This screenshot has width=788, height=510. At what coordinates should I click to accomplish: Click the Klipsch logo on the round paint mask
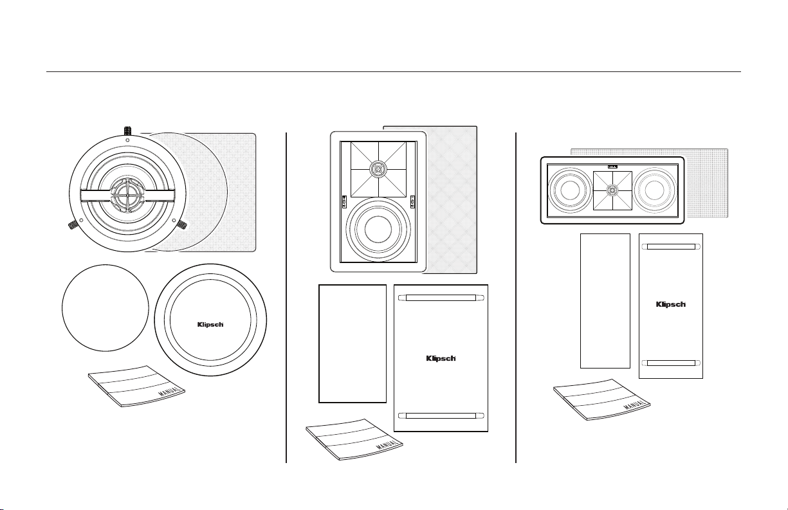click(210, 323)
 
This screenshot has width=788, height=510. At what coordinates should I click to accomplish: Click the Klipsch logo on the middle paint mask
click(441, 359)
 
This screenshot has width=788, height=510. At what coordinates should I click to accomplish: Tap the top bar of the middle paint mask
click(441, 298)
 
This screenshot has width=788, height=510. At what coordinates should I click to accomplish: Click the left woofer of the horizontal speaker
click(570, 190)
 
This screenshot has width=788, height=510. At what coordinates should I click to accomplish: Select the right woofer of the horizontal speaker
click(654, 190)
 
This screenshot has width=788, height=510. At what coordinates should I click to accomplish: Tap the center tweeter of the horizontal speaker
click(611, 190)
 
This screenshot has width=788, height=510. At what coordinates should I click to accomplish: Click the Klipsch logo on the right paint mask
click(670, 304)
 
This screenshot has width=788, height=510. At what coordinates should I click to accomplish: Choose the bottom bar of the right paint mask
click(670, 363)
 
